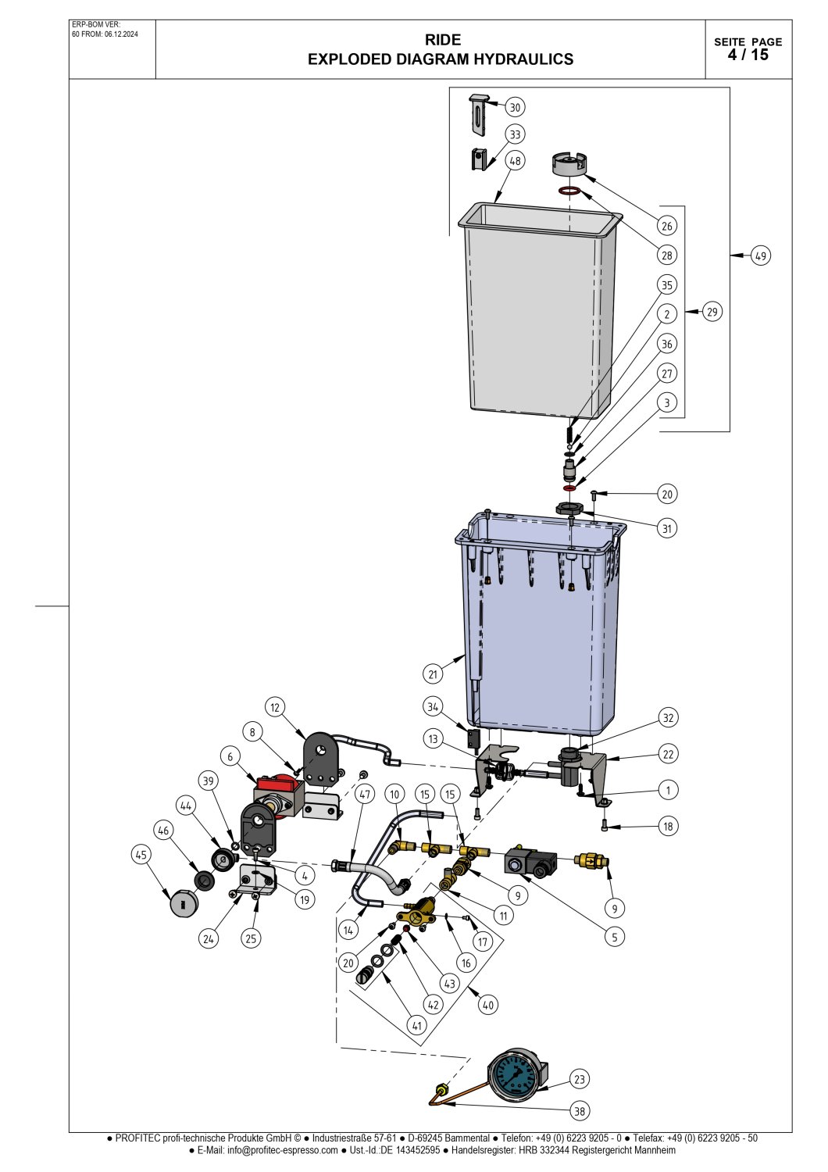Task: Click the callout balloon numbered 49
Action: (x=761, y=255)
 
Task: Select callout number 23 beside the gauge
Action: (x=579, y=1079)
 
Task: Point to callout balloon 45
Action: (x=141, y=855)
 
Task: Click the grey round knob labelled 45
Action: (x=184, y=902)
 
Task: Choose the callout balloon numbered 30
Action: (x=515, y=107)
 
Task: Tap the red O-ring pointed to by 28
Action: (x=569, y=191)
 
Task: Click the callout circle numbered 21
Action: (x=433, y=674)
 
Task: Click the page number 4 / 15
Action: (x=748, y=55)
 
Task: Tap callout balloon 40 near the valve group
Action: (x=487, y=1005)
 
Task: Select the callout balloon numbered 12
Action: (x=275, y=707)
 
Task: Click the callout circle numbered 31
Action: (x=666, y=528)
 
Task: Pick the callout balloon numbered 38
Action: (x=580, y=1110)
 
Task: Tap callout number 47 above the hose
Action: (x=365, y=794)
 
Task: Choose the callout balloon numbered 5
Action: (x=615, y=937)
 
